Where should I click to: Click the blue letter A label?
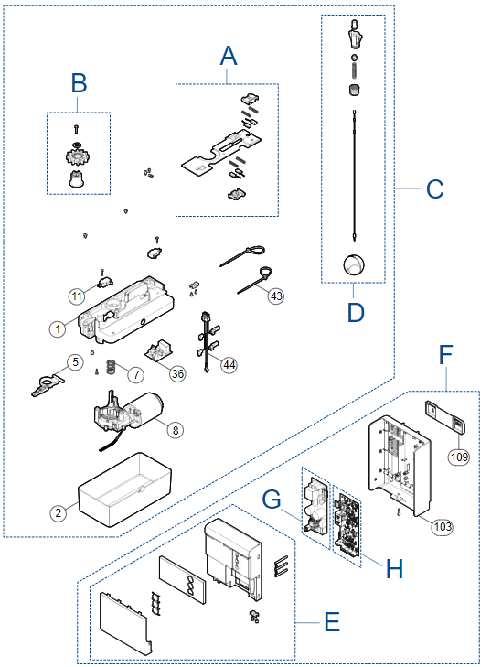229,56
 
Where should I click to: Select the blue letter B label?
79,83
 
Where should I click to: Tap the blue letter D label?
356,313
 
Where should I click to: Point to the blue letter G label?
272,499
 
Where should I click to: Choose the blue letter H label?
394,568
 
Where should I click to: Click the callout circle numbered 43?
276,296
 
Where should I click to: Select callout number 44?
229,364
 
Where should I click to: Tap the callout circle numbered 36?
177,373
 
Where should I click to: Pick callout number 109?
459,457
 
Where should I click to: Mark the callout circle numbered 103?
443,527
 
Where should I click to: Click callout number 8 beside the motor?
176,430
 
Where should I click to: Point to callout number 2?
59,512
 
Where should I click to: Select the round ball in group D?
354,264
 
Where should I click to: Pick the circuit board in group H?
347,524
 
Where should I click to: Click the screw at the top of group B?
76,128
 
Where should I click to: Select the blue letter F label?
445,355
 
